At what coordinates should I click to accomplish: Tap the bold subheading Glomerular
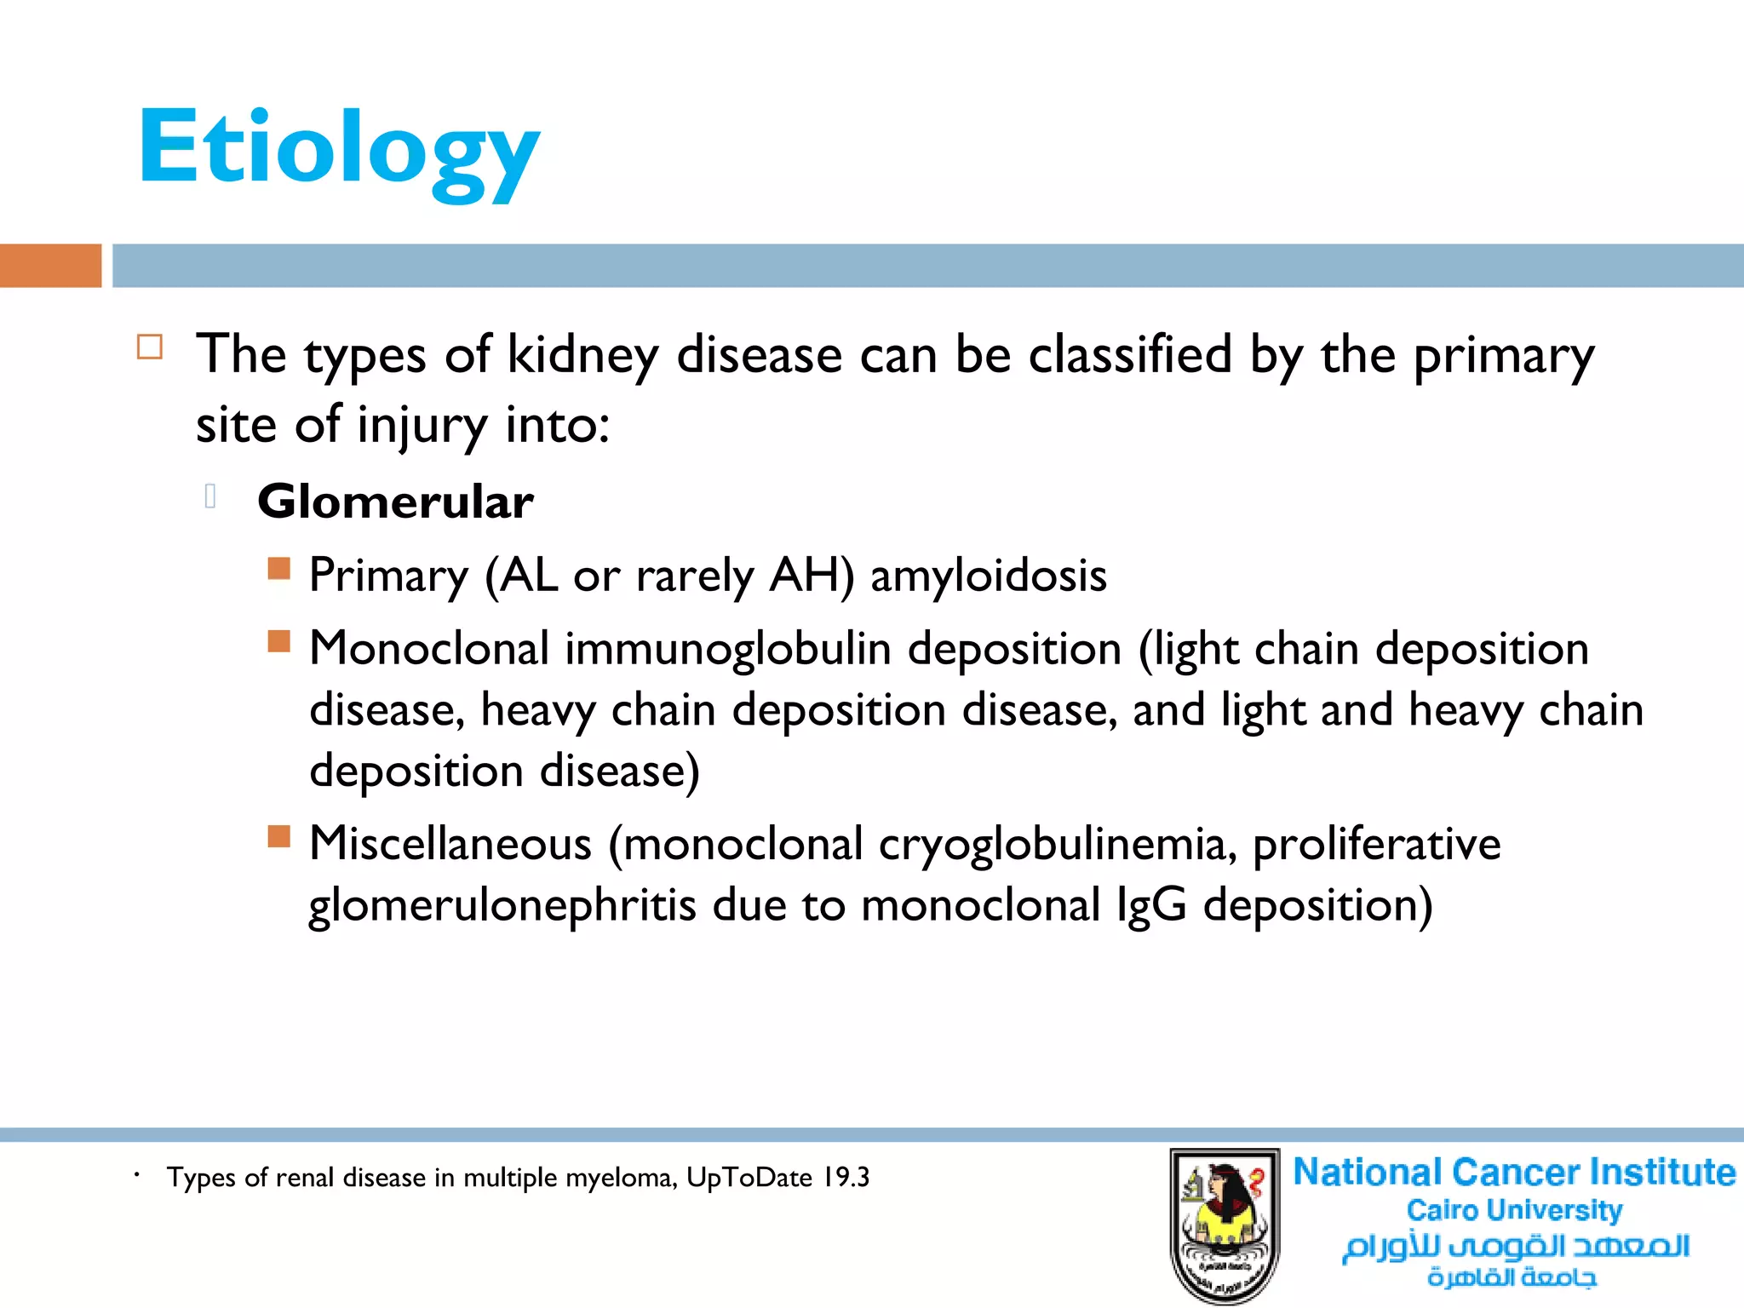395,502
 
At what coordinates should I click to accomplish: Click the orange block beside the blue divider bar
50,266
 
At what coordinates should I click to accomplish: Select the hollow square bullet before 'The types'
150,347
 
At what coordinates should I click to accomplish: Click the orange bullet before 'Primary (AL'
278,568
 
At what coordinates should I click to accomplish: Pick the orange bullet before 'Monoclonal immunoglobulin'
278,640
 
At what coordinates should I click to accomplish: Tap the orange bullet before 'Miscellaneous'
278,836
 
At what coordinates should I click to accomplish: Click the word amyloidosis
988,576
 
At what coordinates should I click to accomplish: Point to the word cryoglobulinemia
1057,845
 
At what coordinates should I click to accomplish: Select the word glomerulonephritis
502,905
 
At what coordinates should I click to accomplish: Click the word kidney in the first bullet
582,355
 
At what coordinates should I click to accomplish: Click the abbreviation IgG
1151,905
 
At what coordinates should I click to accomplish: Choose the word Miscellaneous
450,844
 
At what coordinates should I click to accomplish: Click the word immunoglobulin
728,649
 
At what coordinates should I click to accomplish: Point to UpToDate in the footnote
749,1178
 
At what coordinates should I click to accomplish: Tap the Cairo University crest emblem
1225,1225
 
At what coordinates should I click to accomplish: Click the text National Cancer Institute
1514,1173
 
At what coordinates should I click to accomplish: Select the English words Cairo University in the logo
1514,1210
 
